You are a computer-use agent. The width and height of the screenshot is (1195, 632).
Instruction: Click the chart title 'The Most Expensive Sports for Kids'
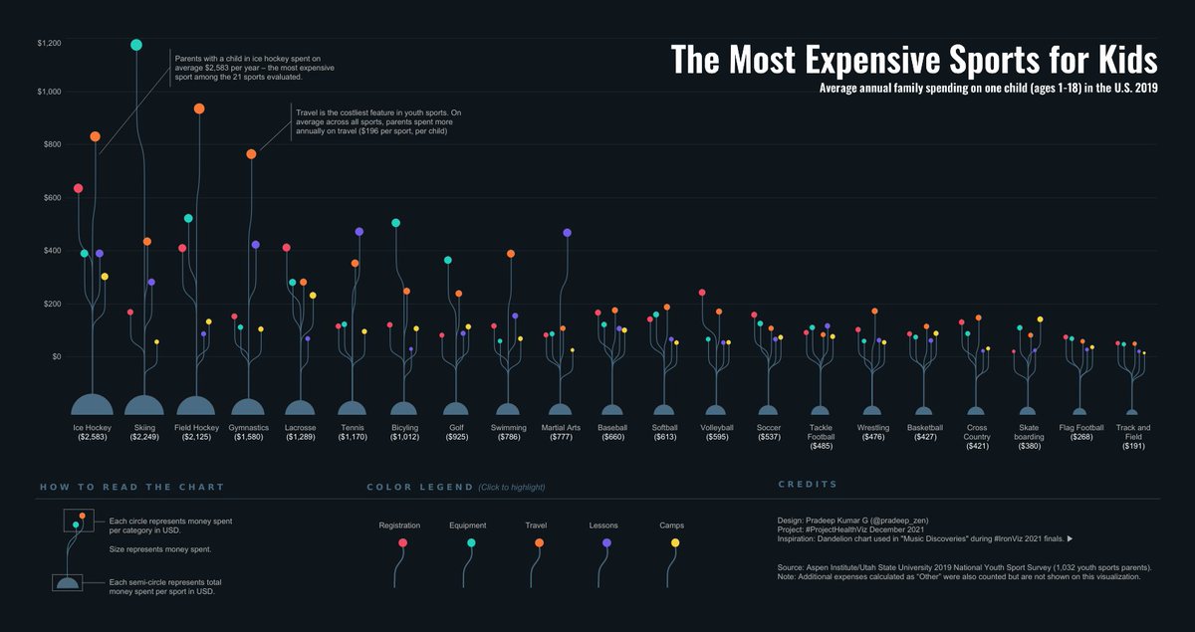click(913, 60)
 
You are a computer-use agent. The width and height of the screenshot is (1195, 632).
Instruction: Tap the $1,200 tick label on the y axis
click(49, 44)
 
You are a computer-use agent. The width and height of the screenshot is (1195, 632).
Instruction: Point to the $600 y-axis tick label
click(50, 197)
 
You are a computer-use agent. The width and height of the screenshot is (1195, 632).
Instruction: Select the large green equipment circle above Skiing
click(136, 45)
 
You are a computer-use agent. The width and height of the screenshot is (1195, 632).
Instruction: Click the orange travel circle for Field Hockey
click(199, 108)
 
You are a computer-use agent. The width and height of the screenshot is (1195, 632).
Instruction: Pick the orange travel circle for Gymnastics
click(251, 154)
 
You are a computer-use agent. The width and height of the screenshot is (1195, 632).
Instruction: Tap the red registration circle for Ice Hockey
click(79, 188)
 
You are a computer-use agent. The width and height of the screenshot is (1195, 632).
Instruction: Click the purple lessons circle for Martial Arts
click(568, 233)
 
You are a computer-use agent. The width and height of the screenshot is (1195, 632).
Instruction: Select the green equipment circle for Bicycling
click(396, 223)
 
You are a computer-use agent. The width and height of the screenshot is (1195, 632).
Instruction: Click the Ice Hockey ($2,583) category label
click(93, 432)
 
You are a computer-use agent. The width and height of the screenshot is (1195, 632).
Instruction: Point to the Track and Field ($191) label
click(1132, 437)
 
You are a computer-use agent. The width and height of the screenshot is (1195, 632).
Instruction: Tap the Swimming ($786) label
click(508, 432)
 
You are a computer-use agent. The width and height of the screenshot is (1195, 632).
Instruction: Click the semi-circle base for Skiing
click(144, 405)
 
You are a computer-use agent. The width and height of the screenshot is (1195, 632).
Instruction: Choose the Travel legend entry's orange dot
click(539, 542)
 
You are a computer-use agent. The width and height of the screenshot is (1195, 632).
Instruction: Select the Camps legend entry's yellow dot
click(675, 542)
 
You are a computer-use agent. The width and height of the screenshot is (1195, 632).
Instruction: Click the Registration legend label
click(399, 526)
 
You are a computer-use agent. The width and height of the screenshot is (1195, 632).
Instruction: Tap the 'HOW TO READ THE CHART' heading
click(131, 487)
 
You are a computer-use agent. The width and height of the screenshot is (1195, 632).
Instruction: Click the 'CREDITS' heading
click(807, 485)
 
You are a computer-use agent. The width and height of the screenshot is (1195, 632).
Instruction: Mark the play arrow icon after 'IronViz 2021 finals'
click(1070, 539)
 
